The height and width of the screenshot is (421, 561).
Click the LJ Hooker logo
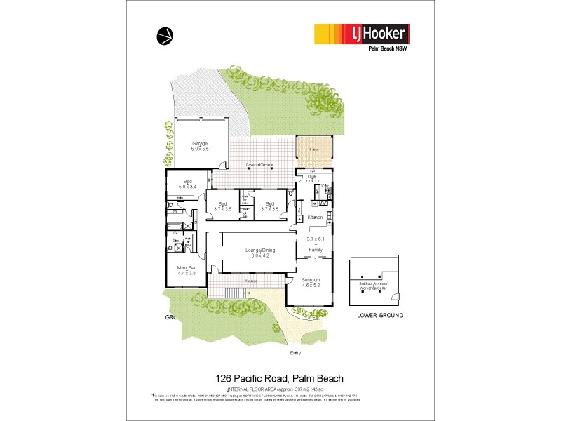pyautogui.click(x=361, y=34)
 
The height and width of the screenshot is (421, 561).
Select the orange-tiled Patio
pyautogui.click(x=315, y=150)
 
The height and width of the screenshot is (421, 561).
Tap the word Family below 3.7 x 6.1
pyautogui.click(x=316, y=249)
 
